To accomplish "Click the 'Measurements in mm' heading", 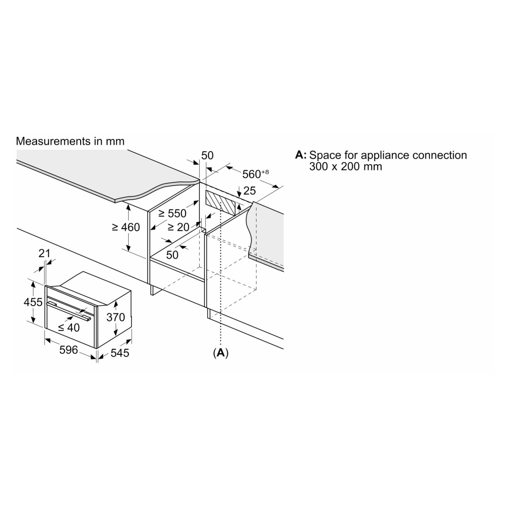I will coord(70,141).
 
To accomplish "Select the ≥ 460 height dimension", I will coord(125,228).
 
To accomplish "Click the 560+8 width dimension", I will coord(255,174).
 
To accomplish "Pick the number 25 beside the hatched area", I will coord(249,191).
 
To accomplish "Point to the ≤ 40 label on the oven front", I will coord(68,328).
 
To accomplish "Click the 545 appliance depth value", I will coord(120,353).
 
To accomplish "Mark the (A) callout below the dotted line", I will coord(221,352).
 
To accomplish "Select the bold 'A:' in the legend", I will coord(301,155).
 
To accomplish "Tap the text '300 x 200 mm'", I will coord(345,166).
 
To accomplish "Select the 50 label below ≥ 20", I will coord(172,255).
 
